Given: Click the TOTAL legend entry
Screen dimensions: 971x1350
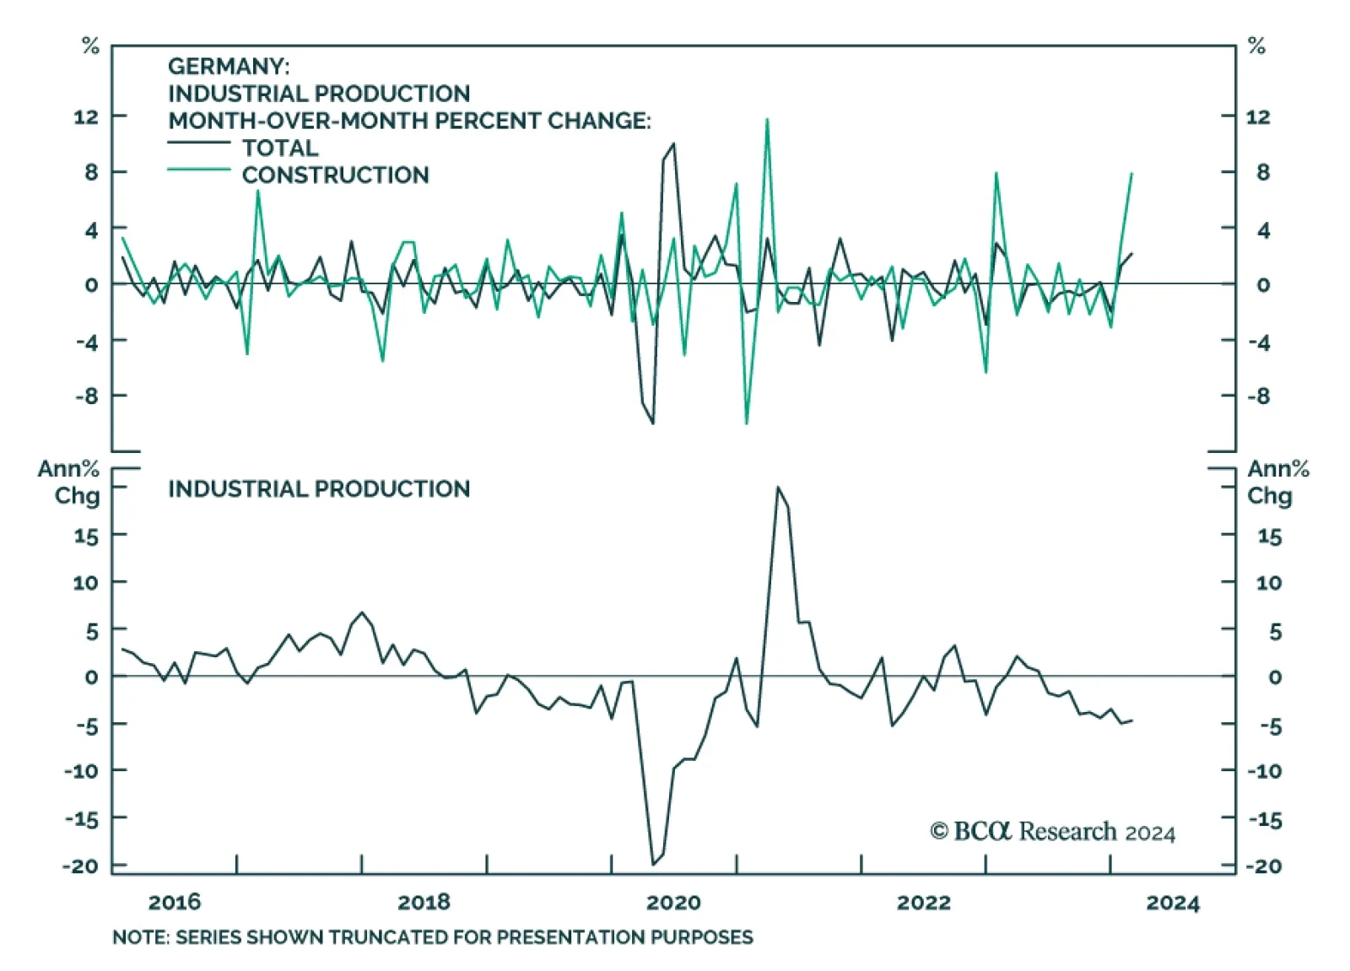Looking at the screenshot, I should pos(279,148).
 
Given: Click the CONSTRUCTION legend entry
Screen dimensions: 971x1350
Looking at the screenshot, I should pos(334,175).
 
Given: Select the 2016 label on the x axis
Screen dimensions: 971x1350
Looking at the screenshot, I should pos(175,902).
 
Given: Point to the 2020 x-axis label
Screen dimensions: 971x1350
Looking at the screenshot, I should pos(673,902).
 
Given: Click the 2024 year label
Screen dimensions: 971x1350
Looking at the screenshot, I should pos(1172,903).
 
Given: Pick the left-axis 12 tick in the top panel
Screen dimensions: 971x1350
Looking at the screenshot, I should pos(86,116).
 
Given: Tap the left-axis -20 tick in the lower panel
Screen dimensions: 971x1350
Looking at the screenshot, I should pos(80,866).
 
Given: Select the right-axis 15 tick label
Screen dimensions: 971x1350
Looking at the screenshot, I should pos(1269,537).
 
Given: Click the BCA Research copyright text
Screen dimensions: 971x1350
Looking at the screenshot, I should pos(1052,832).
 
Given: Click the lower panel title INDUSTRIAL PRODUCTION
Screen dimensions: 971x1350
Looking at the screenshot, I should pos(318,488).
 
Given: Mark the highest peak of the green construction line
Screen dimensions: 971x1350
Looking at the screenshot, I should pos(767,119).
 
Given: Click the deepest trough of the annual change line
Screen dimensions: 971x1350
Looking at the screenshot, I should pos(653,864).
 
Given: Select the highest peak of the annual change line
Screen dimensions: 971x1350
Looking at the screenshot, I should pos(777,488).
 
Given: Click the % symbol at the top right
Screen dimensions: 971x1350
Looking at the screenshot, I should pos(1256,46).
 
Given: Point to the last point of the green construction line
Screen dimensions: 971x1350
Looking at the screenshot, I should pos(1131,174).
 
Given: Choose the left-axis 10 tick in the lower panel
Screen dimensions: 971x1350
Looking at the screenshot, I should pos(86,582).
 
